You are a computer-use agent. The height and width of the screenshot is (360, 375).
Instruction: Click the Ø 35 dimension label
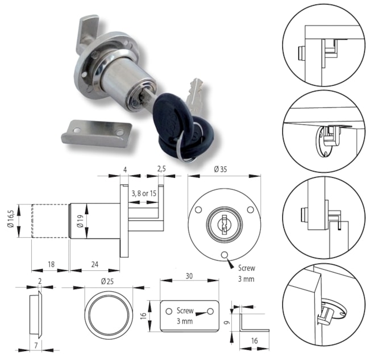pyautogui.click(x=220, y=169)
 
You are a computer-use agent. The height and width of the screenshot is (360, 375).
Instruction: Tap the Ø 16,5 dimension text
pyautogui.click(x=11, y=220)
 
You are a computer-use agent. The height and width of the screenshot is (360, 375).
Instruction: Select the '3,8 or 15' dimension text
pyautogui.click(x=144, y=193)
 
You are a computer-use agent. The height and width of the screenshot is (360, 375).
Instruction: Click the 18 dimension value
pyautogui.click(x=51, y=264)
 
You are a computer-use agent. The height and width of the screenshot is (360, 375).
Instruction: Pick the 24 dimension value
pyautogui.click(x=95, y=264)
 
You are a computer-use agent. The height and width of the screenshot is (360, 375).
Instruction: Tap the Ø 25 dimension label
pyautogui.click(x=107, y=282)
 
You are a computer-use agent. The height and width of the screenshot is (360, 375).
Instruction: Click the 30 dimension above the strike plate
pyautogui.click(x=189, y=276)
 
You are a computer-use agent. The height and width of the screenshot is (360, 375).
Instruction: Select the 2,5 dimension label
pyautogui.click(x=161, y=169)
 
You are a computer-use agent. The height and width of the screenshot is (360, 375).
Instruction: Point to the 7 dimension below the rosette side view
pyautogui.click(x=36, y=345)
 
